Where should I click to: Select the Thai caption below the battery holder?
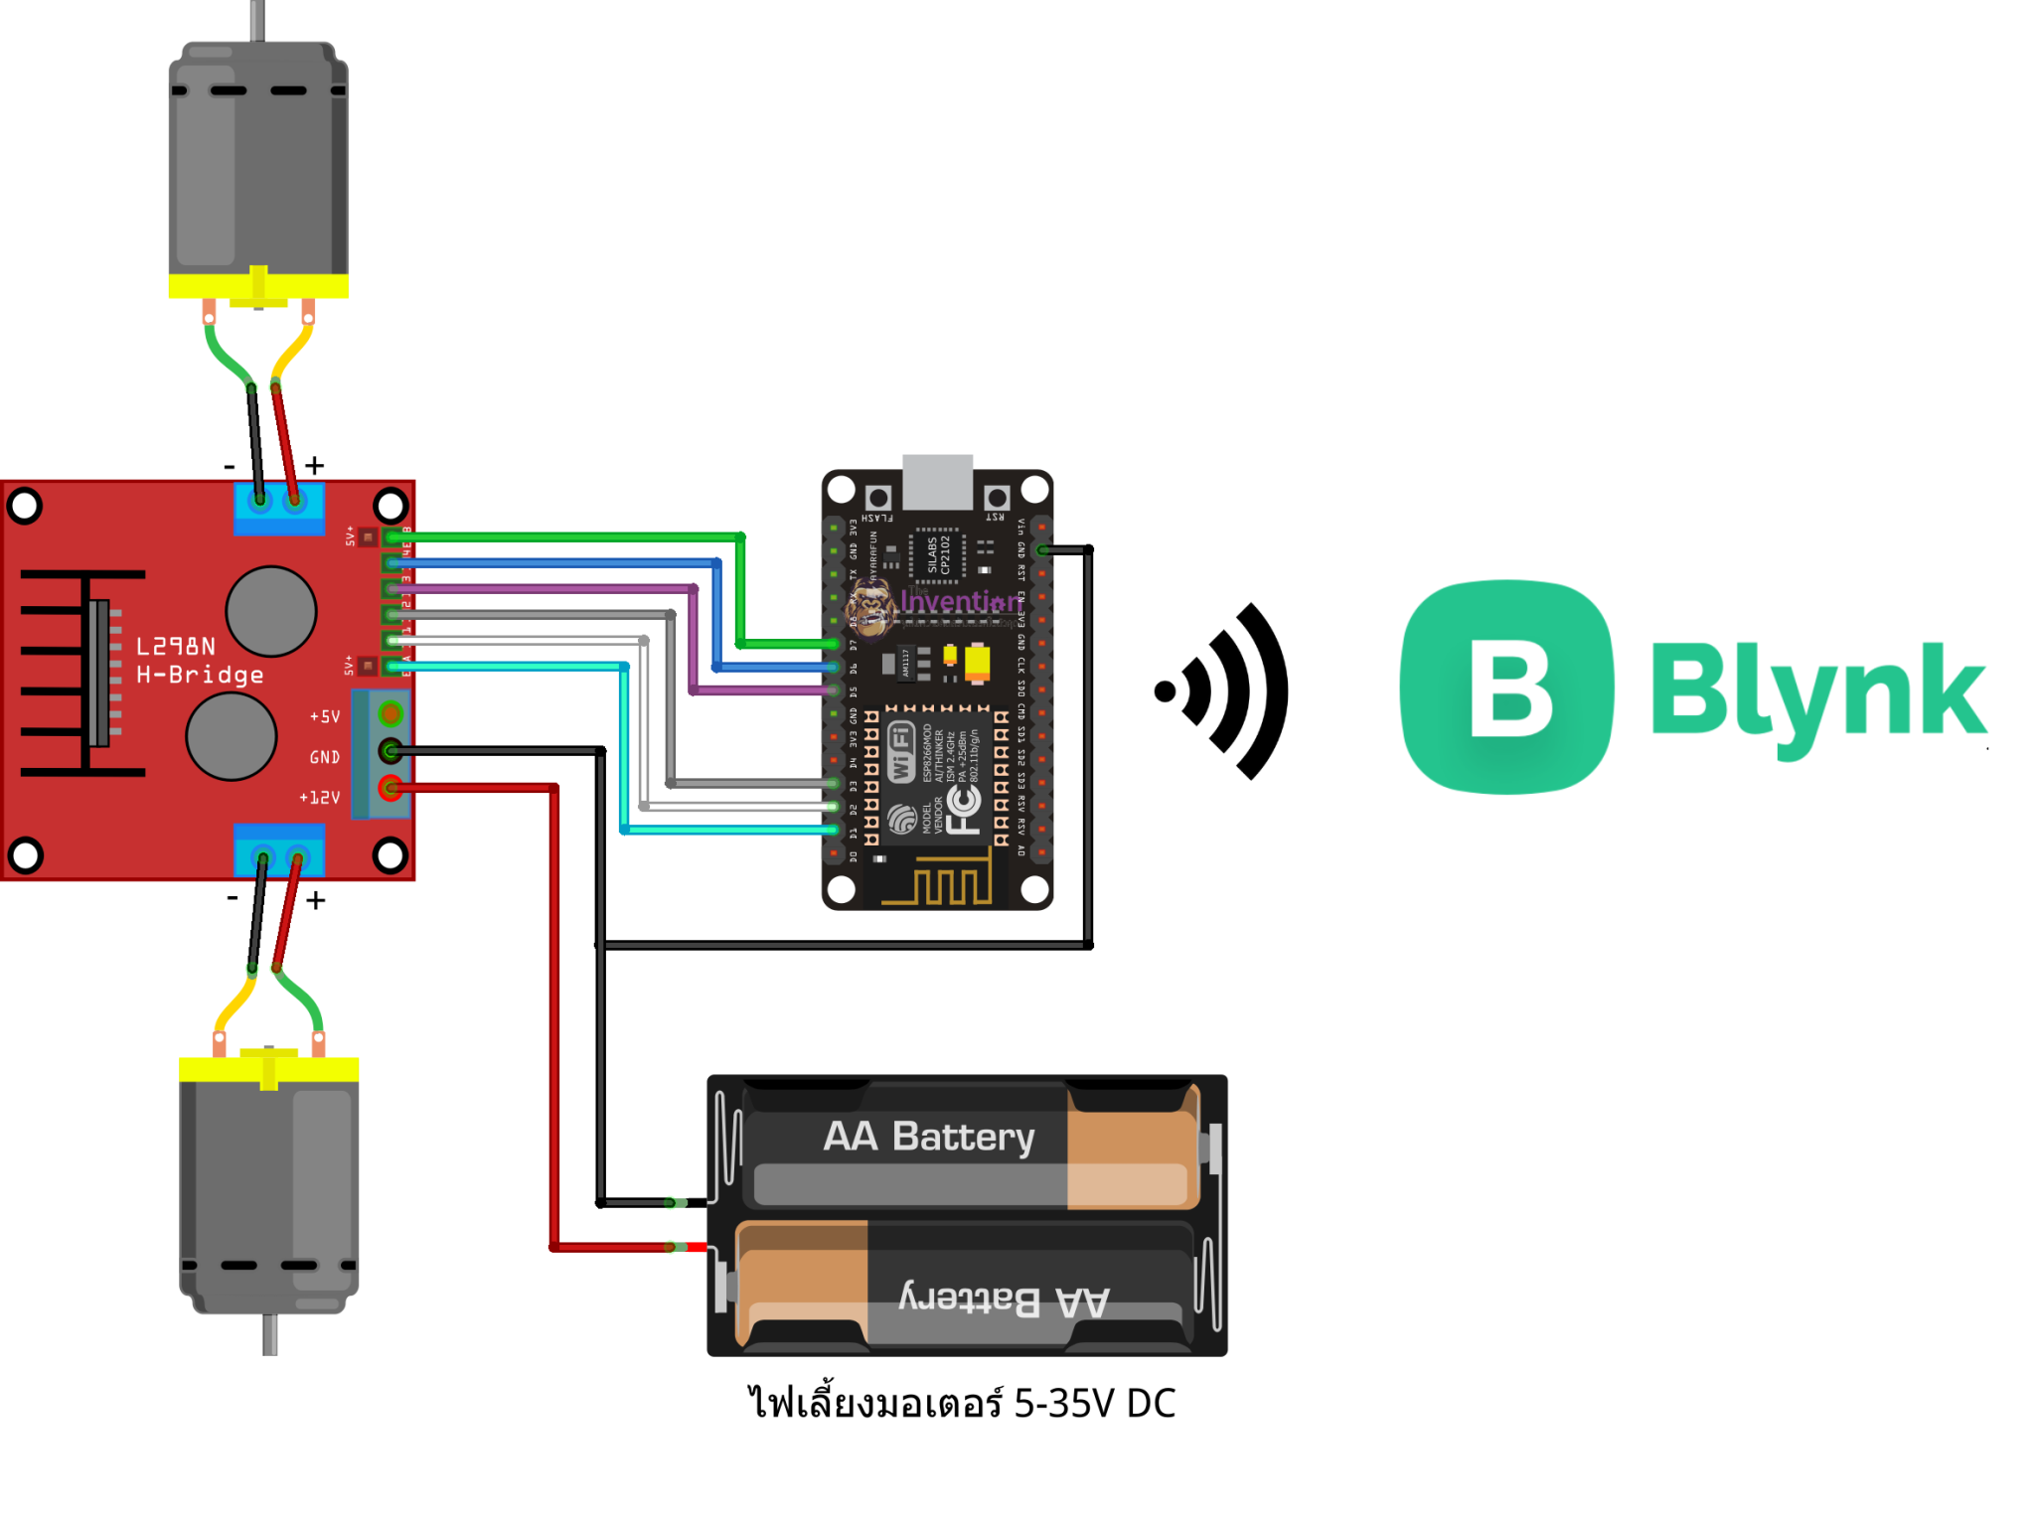[961, 1403]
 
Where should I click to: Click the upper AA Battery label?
[929, 1136]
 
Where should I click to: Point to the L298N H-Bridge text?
[199, 661]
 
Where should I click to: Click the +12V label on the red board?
[320, 798]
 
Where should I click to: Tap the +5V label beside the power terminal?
[325, 716]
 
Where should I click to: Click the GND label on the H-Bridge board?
[325, 757]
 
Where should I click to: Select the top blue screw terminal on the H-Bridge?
[278, 507]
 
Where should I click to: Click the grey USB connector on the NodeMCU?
[937, 481]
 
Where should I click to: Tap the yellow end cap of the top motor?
[258, 286]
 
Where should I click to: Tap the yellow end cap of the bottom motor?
[268, 1069]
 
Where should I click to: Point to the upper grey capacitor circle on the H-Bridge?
[271, 611]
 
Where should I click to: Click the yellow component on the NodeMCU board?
[978, 662]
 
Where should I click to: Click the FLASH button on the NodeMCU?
[878, 498]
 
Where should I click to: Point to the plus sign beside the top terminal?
[315, 465]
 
